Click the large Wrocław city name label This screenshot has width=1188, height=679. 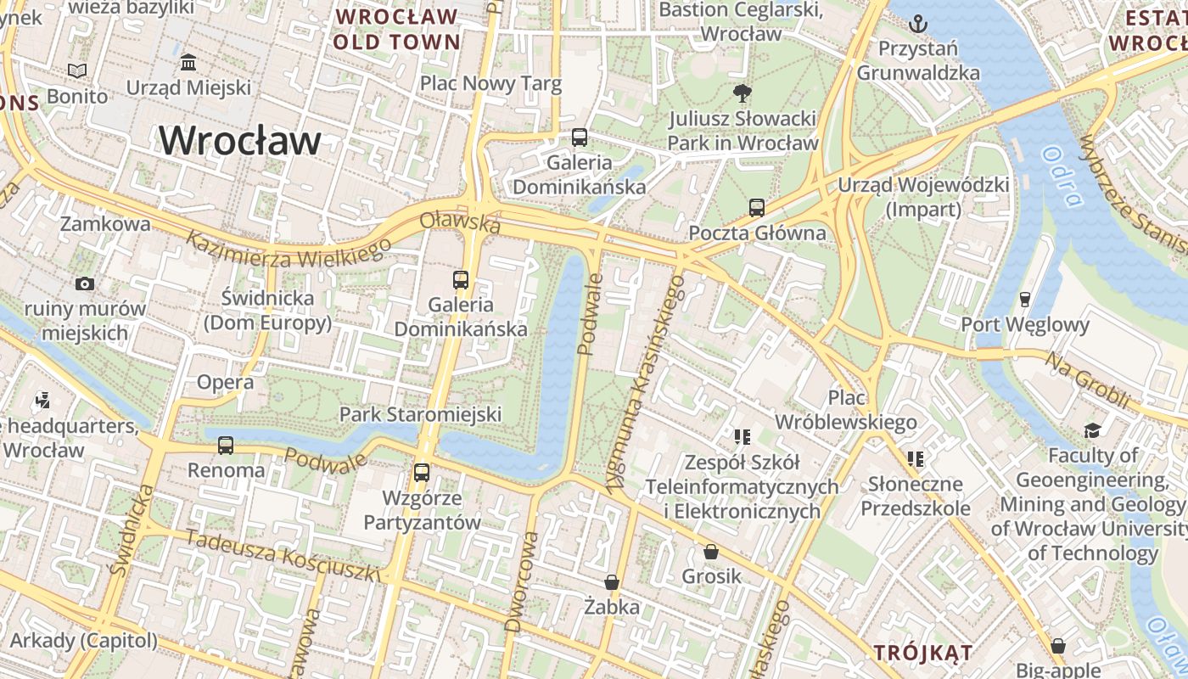[x=240, y=141]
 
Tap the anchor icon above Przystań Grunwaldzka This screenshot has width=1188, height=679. [x=918, y=24]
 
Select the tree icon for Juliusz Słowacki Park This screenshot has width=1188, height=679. [x=742, y=93]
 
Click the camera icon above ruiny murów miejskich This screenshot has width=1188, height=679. [x=85, y=283]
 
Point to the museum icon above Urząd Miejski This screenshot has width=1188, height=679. [x=188, y=63]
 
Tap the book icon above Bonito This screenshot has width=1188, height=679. [x=77, y=71]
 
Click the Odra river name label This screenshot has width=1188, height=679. [x=1063, y=177]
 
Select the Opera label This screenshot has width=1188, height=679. [x=225, y=383]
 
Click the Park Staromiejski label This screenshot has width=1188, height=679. [x=420, y=414]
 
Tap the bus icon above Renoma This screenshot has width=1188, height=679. [x=226, y=445]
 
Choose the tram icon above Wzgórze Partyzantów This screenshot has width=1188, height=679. [x=422, y=473]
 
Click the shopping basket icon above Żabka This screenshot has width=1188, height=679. [x=612, y=582]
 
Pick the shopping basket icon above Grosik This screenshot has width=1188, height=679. [x=711, y=552]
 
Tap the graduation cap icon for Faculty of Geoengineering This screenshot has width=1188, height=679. [x=1093, y=430]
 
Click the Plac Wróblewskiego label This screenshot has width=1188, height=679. [x=847, y=410]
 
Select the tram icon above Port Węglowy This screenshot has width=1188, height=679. [x=1024, y=299]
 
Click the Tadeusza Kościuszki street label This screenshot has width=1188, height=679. [x=283, y=556]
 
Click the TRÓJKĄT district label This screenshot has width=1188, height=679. [x=923, y=652]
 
